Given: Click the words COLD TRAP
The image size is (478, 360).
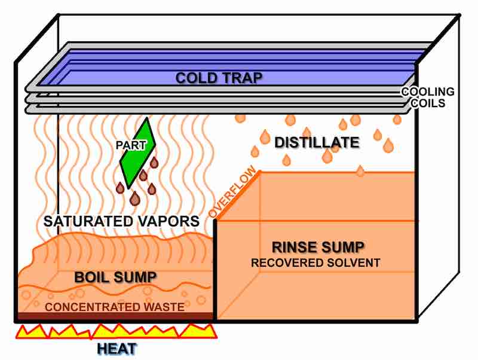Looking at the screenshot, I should coord(219,78).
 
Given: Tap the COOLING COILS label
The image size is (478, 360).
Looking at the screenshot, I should coord(427,97).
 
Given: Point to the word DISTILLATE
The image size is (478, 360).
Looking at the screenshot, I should coord(317,142).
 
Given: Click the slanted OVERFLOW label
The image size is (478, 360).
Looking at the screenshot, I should coord(234,193).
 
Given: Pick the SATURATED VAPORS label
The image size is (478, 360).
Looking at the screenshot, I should coord(122,221).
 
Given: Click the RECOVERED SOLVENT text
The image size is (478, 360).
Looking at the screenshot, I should coord(315,263).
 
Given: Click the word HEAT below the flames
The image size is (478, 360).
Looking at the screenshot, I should coord(117,347).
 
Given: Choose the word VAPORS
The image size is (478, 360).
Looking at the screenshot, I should coord(170,221).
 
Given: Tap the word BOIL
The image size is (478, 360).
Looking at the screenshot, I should coord(93,277).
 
